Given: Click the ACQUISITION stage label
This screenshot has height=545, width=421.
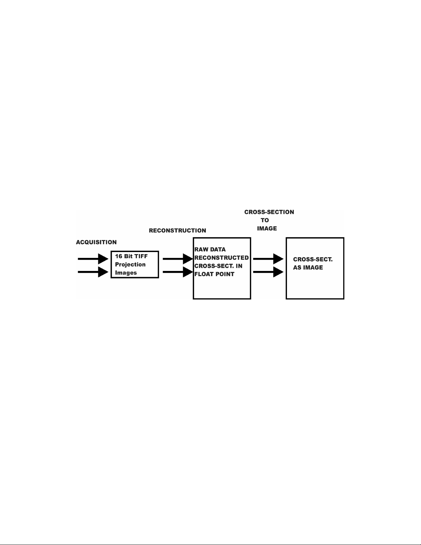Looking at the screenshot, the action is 96,242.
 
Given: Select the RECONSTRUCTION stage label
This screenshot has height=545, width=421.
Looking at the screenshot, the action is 177,230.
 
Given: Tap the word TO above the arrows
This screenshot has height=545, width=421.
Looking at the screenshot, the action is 265,220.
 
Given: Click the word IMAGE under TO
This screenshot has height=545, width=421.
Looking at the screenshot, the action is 267,228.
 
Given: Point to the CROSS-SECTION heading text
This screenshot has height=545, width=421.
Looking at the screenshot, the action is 269,212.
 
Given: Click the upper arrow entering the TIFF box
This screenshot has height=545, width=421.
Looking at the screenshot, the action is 93,259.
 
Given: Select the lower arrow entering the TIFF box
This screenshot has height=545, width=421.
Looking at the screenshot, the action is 93,272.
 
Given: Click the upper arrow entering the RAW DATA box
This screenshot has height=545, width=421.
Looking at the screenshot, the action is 178,259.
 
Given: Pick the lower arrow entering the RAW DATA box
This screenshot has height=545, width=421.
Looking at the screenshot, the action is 178,272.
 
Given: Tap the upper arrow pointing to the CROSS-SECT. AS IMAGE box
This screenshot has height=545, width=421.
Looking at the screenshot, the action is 268,259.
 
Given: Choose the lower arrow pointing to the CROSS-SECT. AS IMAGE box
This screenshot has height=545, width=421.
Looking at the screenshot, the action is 268,272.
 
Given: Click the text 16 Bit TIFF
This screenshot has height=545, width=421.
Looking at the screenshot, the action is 131,256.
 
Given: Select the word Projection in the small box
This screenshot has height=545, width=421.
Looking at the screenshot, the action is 130,264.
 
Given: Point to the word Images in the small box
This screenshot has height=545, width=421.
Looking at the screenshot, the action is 126,273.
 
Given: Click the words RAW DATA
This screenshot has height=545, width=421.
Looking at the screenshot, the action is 210,249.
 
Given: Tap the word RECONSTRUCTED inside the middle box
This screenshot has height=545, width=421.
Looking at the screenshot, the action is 222,258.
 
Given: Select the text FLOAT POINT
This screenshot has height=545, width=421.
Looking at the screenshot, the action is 214,274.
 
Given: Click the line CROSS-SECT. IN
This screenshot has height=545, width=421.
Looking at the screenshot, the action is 219,266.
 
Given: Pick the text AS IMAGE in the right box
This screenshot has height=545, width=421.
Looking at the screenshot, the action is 308,268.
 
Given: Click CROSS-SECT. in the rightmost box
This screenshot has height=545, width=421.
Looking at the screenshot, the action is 313,259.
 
